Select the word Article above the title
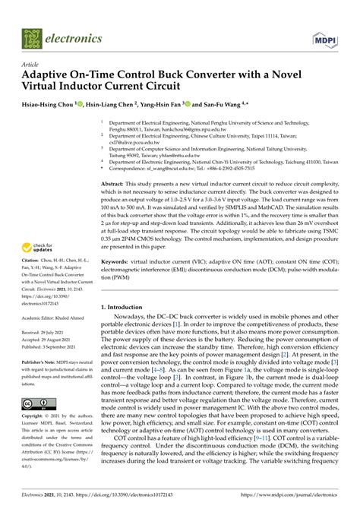coord(30,65)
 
